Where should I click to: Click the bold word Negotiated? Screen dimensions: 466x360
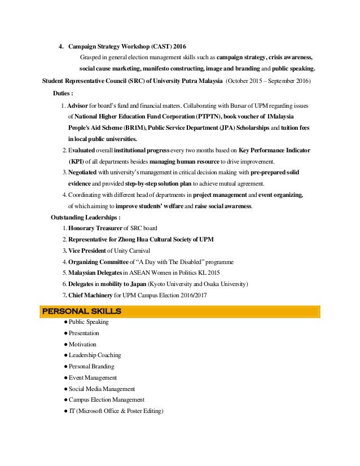[x=86, y=172]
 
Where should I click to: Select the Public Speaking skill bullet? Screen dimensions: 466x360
[x=88, y=322]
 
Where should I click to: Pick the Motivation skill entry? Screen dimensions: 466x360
[x=82, y=344]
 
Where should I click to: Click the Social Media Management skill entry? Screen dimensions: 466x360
[x=102, y=389]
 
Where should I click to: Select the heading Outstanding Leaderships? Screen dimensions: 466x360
[x=85, y=217]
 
